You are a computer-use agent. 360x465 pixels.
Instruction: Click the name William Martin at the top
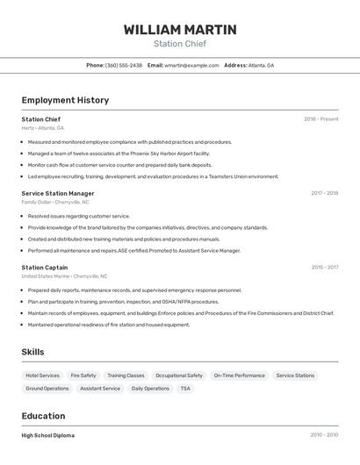click(180, 29)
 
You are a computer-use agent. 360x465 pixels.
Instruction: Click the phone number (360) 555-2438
click(124, 65)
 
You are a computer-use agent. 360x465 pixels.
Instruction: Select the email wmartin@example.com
click(191, 65)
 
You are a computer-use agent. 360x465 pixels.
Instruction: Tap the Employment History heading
click(65, 100)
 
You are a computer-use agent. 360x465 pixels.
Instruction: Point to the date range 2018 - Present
click(320, 119)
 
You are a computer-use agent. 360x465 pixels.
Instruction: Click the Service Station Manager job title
click(58, 193)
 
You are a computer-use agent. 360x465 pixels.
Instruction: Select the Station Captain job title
click(44, 268)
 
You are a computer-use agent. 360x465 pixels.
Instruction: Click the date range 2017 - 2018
click(324, 193)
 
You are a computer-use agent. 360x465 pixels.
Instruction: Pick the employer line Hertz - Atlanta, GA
click(43, 128)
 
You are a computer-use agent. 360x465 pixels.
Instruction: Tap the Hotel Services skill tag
click(43, 376)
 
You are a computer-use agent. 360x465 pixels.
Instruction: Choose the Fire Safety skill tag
click(83, 376)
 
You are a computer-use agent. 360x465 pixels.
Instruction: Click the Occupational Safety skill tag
click(179, 376)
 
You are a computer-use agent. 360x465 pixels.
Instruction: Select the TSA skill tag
click(185, 388)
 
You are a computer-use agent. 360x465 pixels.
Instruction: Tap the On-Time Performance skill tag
click(239, 376)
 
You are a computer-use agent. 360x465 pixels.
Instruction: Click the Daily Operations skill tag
click(150, 388)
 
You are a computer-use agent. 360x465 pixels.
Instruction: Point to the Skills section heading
click(33, 352)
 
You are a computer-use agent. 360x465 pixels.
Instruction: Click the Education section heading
click(43, 416)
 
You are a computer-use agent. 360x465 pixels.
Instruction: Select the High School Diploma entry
click(48, 435)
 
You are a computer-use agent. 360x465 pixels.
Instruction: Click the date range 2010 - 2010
click(324, 435)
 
